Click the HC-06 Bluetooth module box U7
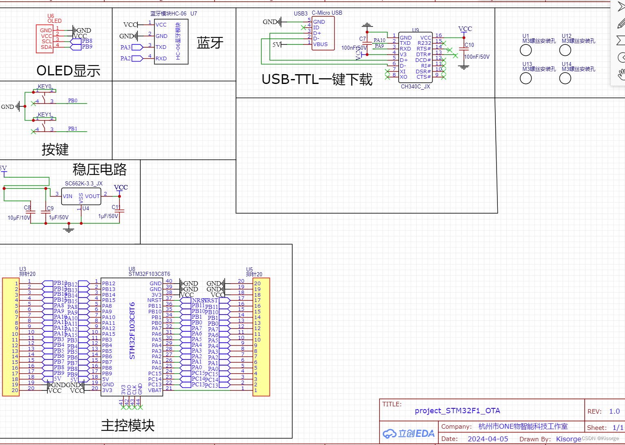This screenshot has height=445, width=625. tap(171, 42)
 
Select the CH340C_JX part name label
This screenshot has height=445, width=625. tap(415, 86)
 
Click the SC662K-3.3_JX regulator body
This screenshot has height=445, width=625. tap(81, 196)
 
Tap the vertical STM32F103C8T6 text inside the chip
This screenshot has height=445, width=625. tap(132, 330)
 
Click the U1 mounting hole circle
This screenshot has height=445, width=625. tap(526, 50)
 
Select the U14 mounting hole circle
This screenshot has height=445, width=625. tap(565, 78)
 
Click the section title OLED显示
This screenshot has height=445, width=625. tap(68, 70)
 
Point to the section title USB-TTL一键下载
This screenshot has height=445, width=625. tap(317, 79)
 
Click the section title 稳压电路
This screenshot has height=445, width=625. tap(99, 169)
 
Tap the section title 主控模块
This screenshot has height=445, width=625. tap(128, 425)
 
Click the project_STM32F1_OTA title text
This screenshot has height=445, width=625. tap(457, 411)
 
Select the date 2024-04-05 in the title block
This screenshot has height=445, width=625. tap(488, 439)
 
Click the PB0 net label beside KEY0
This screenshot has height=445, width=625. tap(73, 101)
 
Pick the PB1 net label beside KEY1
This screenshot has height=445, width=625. tap(73, 129)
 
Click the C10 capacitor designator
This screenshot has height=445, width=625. tap(469, 45)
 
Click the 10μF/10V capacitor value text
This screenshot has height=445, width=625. tap(19, 218)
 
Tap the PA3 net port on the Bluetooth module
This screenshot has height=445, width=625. tap(125, 47)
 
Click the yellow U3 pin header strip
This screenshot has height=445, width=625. tap(11, 337)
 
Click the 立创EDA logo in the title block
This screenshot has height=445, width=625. tap(409, 434)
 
